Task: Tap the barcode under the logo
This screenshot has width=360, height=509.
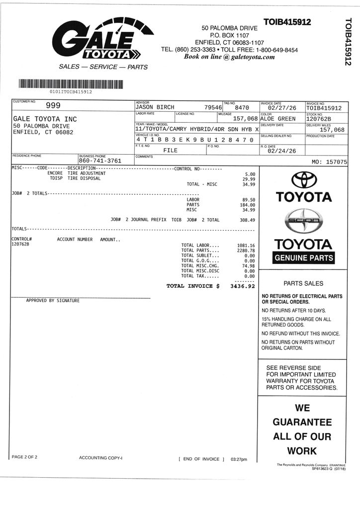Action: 70,84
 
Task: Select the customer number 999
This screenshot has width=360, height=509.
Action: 53,105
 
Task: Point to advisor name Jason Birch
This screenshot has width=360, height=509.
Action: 155,107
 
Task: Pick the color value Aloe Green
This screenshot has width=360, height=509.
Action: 278,119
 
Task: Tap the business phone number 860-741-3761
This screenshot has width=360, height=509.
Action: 100,161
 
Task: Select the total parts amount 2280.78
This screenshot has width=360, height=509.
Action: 246,251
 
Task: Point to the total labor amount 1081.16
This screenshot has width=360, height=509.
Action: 246,246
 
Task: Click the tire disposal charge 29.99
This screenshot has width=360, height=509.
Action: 249,179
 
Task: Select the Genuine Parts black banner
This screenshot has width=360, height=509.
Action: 304,258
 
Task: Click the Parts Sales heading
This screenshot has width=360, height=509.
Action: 303,284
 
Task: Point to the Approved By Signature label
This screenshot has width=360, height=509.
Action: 53,301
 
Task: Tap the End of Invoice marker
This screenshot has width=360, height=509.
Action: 201,459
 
